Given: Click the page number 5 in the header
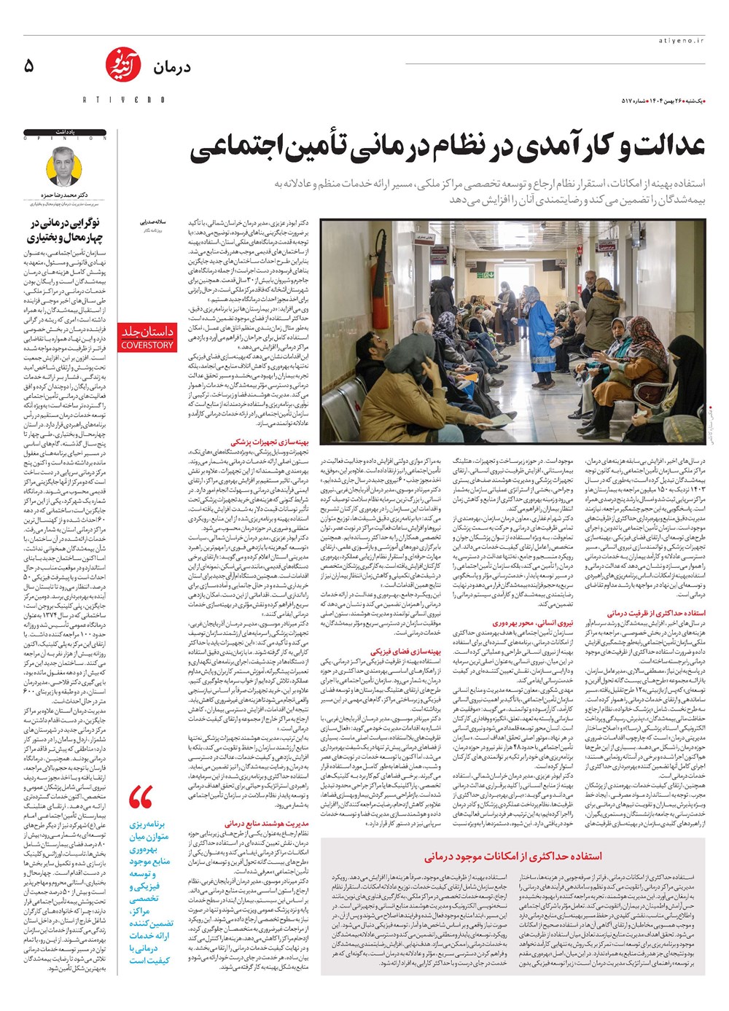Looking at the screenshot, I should coord(29,66).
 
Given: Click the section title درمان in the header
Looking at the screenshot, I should coord(172,68).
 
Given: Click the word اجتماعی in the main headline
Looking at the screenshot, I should coord(233,148).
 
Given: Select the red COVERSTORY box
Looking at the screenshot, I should coord(147,337).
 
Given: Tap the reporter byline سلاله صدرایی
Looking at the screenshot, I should coord(154,220).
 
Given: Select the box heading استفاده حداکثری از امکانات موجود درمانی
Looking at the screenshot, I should coord(513,856).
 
